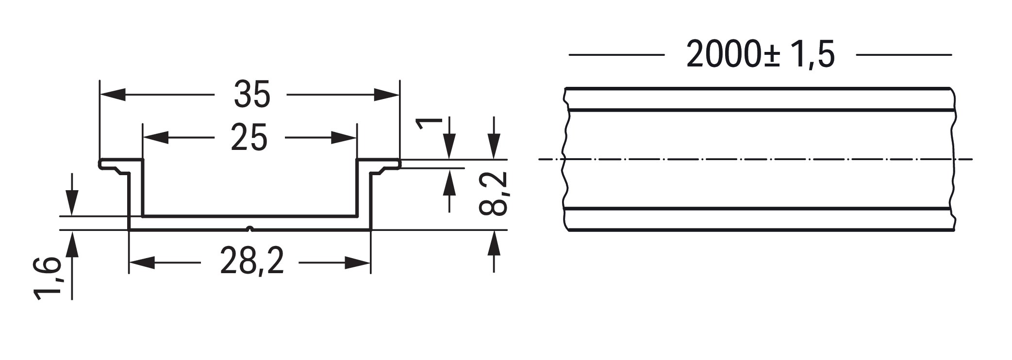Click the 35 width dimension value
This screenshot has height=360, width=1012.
[251, 95]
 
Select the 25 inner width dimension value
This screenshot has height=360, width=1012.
[249, 137]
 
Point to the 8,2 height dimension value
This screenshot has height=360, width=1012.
[493, 193]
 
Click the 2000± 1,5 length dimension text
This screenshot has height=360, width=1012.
[760, 54]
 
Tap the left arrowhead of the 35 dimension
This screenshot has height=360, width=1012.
[112, 95]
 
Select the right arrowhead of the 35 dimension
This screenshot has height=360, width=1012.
[387, 95]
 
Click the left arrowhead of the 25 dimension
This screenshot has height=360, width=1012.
[156, 137]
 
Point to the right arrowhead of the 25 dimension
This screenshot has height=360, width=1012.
[344, 137]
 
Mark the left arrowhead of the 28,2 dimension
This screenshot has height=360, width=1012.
[141, 262]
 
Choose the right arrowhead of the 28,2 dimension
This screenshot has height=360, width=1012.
[358, 262]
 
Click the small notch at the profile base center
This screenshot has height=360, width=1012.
[249, 228]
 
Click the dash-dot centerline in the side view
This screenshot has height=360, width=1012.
[757, 159]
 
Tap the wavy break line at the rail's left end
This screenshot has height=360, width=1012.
[564, 160]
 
